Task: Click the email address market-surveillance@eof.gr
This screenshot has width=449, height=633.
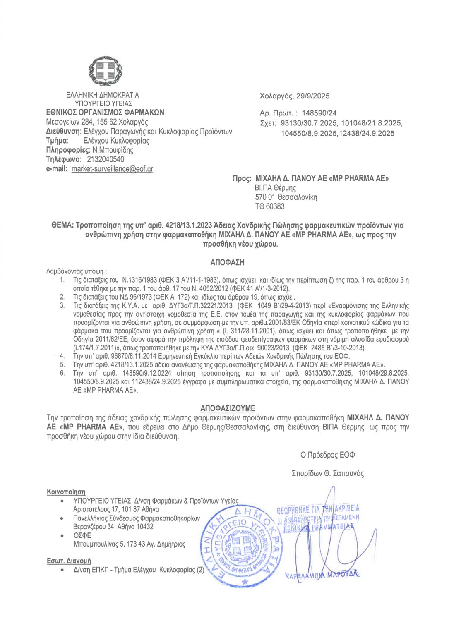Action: point(112,169)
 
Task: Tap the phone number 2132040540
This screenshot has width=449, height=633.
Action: point(105,159)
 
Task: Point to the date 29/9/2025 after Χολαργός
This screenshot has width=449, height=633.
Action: point(313,96)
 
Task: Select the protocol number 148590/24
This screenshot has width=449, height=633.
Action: point(319,113)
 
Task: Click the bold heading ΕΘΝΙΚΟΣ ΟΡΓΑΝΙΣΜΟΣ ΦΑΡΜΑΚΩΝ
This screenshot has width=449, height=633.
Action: point(105,113)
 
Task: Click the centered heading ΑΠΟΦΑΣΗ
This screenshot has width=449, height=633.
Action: point(227,262)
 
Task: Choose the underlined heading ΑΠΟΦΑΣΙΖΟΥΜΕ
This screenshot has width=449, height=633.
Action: point(228,408)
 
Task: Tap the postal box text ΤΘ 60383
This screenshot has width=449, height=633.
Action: point(270,206)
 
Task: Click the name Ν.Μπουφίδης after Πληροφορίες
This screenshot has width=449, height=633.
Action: point(113,150)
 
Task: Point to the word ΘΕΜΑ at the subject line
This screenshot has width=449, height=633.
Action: point(62,225)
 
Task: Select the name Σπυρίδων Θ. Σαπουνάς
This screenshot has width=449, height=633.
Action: point(327,473)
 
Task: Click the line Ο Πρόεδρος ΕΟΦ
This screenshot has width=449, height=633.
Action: point(327,455)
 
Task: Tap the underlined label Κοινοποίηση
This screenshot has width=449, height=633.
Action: point(66,492)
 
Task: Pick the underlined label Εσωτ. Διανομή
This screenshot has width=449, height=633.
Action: point(69,561)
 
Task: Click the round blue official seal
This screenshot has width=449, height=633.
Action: point(242,547)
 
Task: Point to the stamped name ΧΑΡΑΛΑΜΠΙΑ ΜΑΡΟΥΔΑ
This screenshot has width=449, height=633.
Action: point(322,575)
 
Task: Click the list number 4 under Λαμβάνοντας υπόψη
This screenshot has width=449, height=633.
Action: point(62,356)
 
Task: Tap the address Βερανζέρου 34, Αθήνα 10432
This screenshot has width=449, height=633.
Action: point(113,527)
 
